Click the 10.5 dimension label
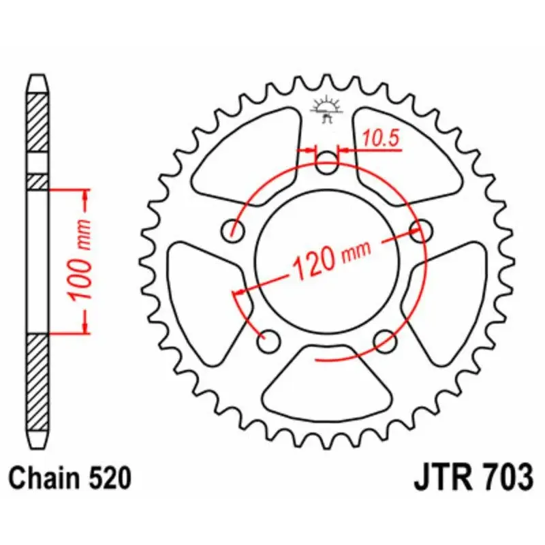pos(380,138)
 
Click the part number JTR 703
pos(473,477)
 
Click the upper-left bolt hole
pos(236,230)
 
